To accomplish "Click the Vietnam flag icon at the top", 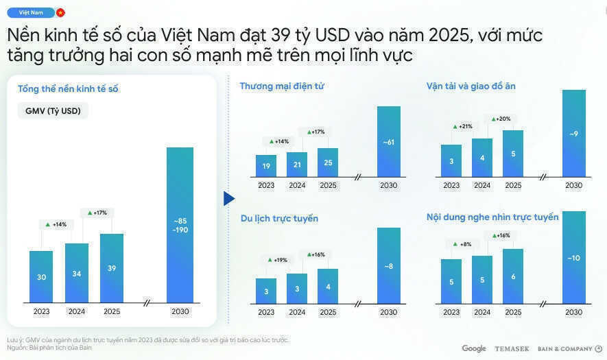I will [60, 12].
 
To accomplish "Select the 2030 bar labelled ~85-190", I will [180, 225].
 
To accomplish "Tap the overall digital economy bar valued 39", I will [112, 268].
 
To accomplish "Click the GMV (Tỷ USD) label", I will [52, 111].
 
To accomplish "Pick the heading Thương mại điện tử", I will [282, 86].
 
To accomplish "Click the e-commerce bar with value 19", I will [266, 165].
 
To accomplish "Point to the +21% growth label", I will [463, 126].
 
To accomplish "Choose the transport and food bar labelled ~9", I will [573, 133].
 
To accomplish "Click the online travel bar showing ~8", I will [388, 265].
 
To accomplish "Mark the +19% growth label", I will [278, 260].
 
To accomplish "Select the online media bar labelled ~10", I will [573, 257].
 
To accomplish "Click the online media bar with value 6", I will [513, 276].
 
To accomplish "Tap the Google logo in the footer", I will [474, 349].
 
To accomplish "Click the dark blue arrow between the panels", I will [229, 198].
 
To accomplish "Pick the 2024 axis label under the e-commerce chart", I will [297, 185].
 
